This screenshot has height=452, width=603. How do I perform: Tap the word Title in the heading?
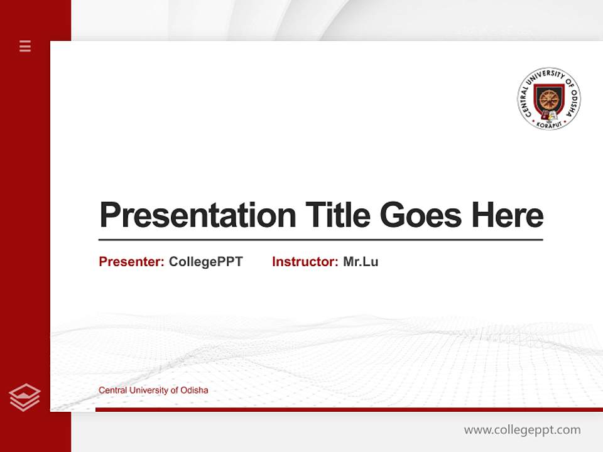coord(337,215)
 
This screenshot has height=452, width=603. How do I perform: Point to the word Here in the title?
coord(508,215)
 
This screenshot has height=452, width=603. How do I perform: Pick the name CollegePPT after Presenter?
coord(205,262)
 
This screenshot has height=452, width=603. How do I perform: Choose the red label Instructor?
coord(305,262)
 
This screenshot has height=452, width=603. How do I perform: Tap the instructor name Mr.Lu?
coord(361,262)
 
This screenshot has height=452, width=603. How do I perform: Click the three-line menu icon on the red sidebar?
coord(25,46)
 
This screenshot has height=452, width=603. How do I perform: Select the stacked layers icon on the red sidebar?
coord(25,397)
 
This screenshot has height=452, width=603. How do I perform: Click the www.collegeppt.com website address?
coord(522,430)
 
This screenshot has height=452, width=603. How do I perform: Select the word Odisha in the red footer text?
coord(194,390)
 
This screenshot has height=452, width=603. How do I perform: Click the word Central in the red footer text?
coord(112,390)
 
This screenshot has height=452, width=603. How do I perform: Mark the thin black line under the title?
coord(320,240)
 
